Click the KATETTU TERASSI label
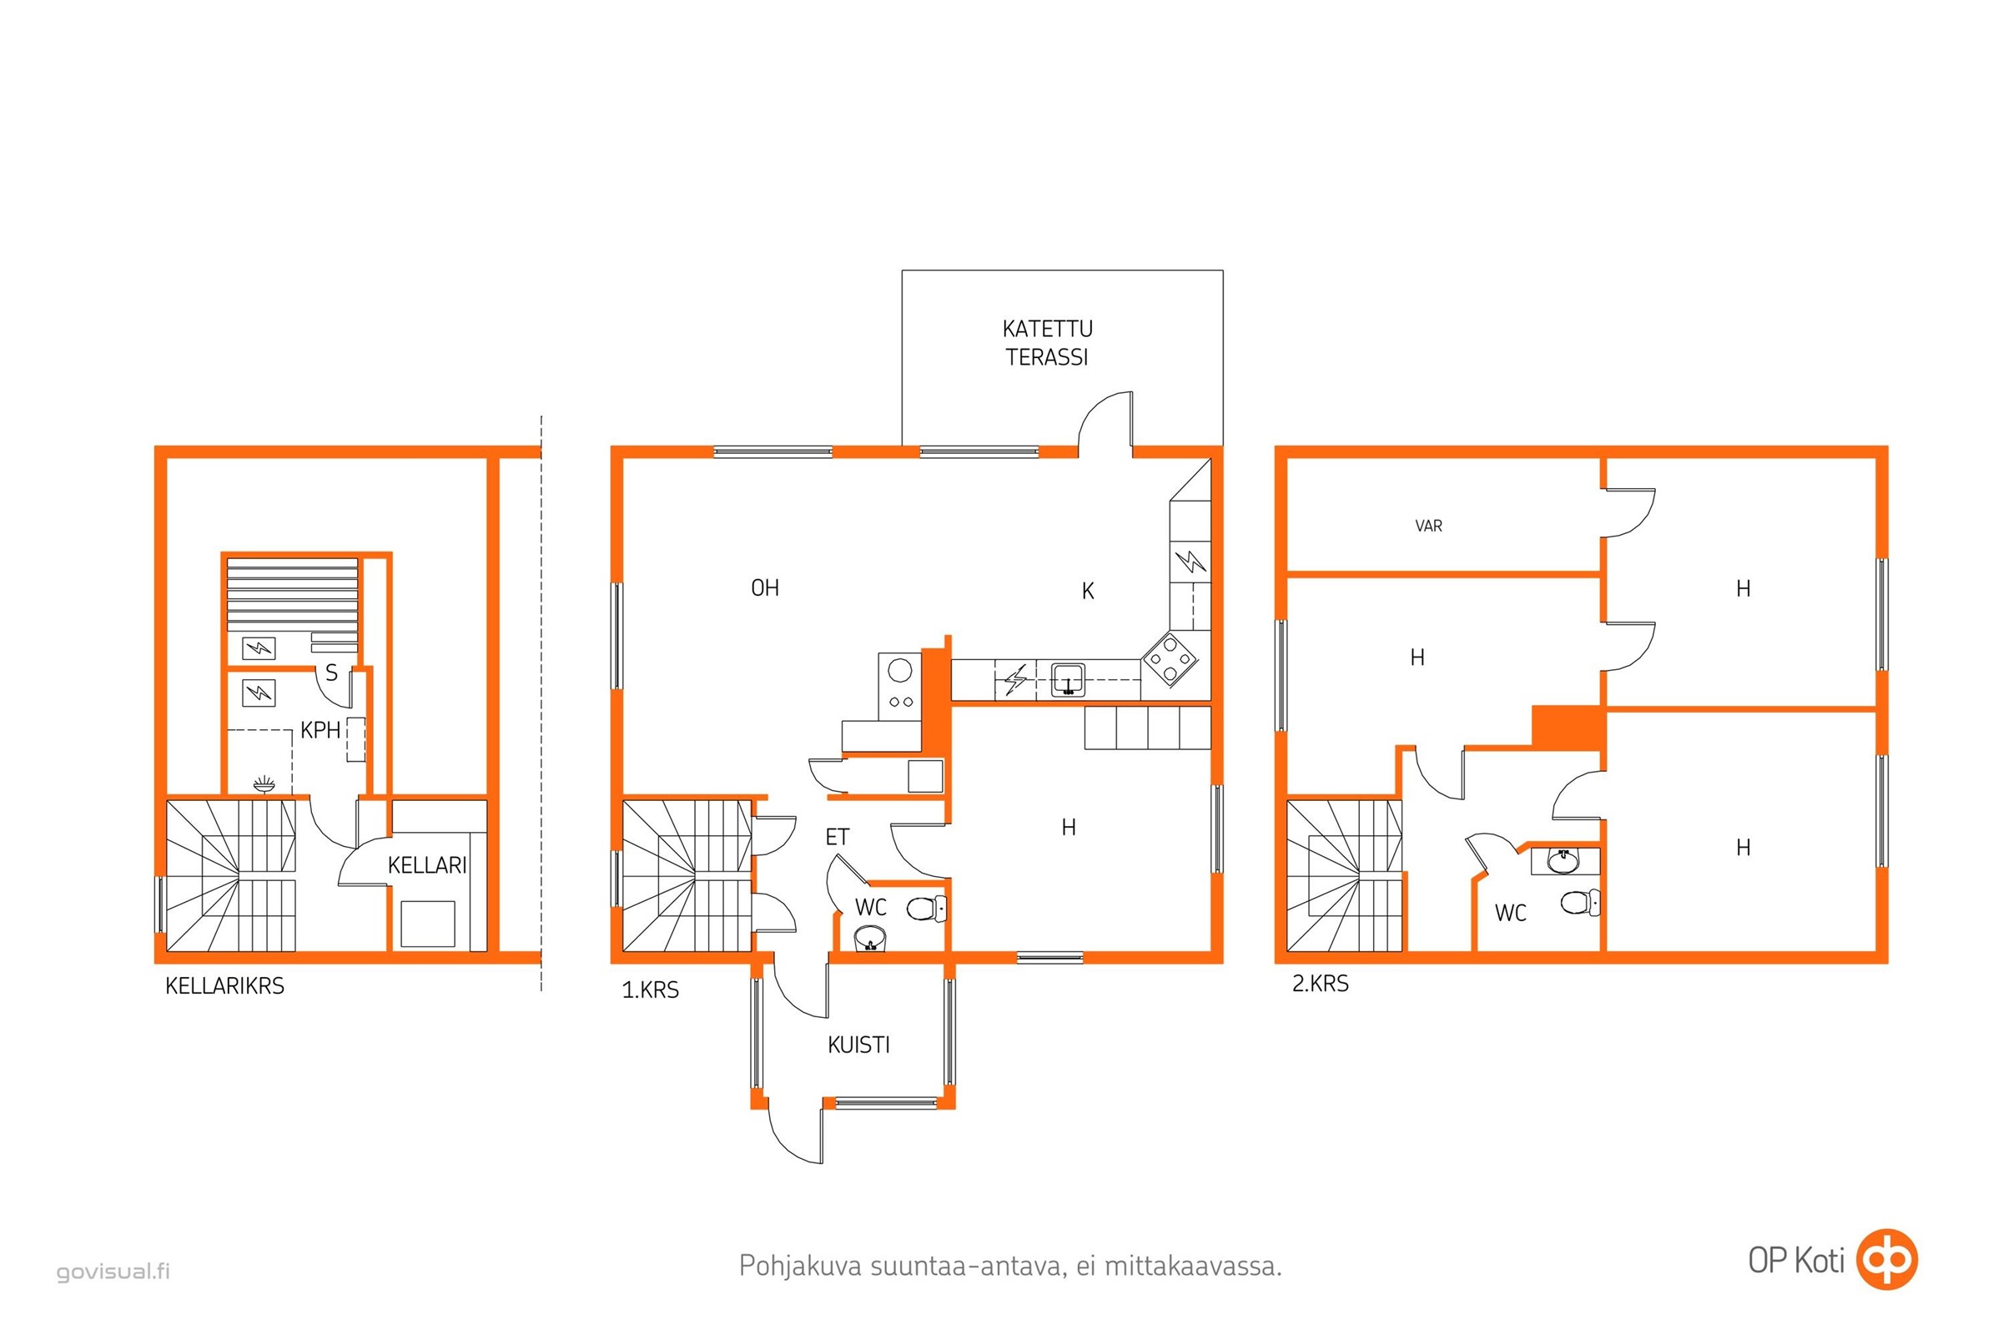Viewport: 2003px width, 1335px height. (x=1046, y=343)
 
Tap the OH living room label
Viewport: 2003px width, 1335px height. (x=764, y=588)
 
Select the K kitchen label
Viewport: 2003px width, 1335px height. (x=1087, y=592)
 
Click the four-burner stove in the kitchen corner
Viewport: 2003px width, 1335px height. (x=1170, y=659)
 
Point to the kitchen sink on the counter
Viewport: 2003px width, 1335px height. (x=1068, y=680)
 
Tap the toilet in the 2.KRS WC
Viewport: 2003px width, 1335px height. (x=1581, y=903)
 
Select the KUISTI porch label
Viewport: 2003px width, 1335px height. (x=858, y=1045)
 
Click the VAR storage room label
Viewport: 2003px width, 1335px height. (x=1428, y=526)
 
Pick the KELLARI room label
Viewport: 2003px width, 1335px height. (x=426, y=866)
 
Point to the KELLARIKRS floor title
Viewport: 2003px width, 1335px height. (x=224, y=986)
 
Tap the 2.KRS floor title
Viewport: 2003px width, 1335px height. (x=1321, y=985)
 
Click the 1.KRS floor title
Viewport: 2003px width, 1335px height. (x=651, y=990)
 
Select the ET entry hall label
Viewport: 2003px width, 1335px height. (x=837, y=838)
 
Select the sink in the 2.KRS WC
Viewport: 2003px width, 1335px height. (x=1563, y=863)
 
